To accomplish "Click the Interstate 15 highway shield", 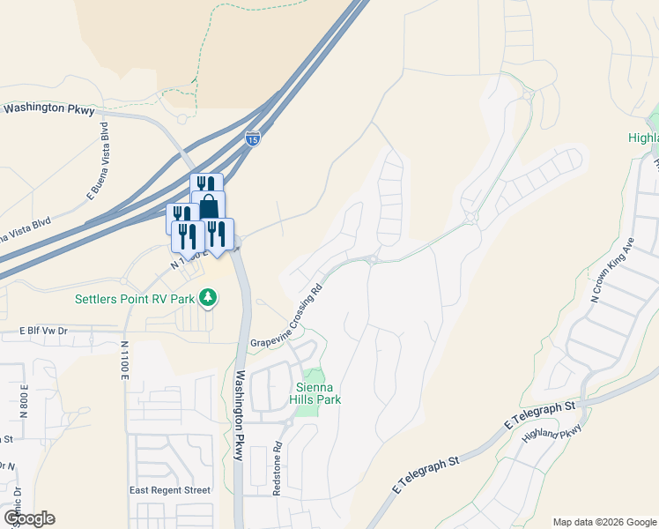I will point(252,138).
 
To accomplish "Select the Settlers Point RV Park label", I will point(134,299).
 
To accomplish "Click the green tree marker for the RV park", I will point(208,298).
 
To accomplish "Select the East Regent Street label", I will point(170,490).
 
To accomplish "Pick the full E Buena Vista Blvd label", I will point(99,168).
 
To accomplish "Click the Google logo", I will point(28,518).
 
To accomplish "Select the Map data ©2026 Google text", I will point(603,522).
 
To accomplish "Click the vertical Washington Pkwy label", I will point(239,414).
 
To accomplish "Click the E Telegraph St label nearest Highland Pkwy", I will point(539,415).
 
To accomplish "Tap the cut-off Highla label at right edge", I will point(643,138).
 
